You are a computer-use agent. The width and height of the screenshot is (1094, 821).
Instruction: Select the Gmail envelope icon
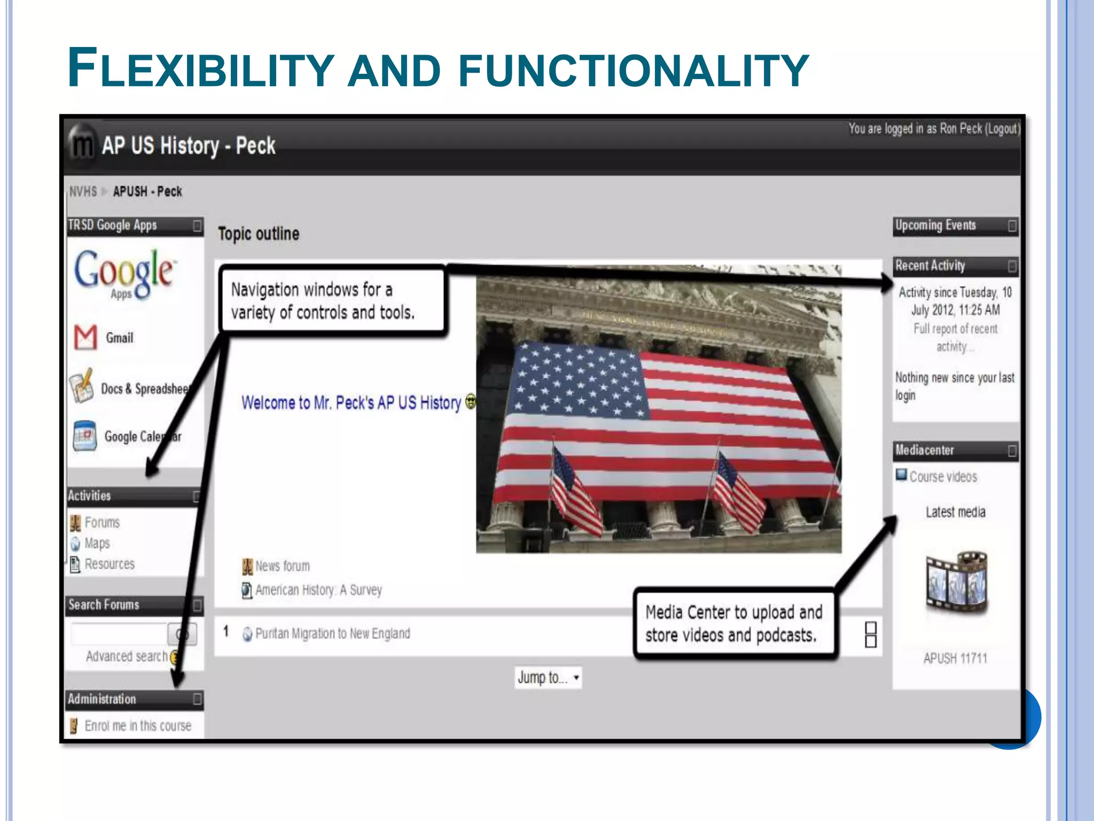pos(85,337)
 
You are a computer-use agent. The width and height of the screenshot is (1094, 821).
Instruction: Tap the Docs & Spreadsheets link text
pos(145,389)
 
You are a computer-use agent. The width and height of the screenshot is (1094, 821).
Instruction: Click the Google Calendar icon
pos(85,436)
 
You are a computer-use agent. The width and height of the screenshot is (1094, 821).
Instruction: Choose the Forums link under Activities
pos(102,522)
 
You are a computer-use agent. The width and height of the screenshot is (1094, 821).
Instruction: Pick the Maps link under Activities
pos(97,543)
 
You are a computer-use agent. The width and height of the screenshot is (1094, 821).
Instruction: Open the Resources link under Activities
pos(110,564)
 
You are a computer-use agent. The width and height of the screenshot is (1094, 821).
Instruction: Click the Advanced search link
pos(127,656)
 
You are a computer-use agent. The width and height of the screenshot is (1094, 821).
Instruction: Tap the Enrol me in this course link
pos(138,725)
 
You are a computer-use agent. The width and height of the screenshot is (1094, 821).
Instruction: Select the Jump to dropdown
pos(548,678)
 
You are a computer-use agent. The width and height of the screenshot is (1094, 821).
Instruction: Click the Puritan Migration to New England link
pos(332,633)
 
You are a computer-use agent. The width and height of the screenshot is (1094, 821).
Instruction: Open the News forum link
pos(282,566)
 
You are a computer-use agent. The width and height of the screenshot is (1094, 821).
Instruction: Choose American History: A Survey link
pos(318,590)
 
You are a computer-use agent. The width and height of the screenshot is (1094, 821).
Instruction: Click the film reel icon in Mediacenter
pos(956,582)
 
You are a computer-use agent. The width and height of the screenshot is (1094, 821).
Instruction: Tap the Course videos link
pos(943,477)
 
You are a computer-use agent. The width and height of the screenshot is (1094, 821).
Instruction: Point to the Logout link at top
pos(1002,129)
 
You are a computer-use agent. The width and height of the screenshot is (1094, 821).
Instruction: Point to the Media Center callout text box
pos(734,623)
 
